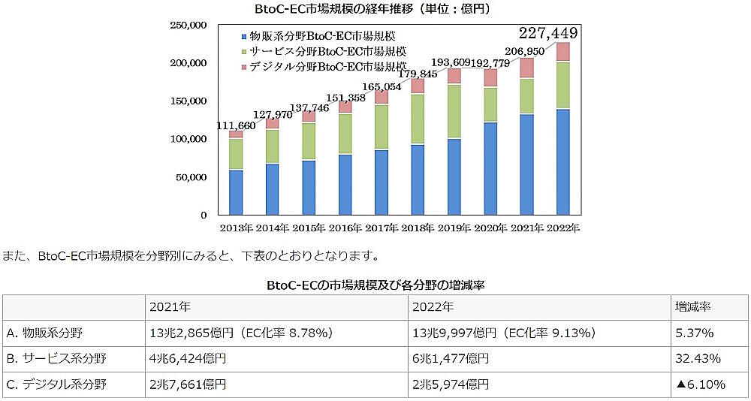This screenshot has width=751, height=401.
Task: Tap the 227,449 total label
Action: click(x=548, y=32)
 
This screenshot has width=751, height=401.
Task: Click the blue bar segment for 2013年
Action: click(x=236, y=191)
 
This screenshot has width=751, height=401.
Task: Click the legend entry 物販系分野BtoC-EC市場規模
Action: click(x=324, y=36)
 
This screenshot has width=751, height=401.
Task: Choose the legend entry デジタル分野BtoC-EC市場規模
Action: click(x=324, y=66)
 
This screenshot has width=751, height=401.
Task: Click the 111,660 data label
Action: click(x=236, y=125)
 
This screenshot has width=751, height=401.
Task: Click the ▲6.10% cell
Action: click(x=700, y=384)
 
